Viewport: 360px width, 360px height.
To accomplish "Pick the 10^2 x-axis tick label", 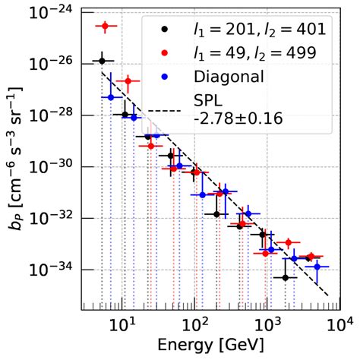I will [x=194, y=326].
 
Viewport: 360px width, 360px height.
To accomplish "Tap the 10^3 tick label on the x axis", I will [x=268, y=326].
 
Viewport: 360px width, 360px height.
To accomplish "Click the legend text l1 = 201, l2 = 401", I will [x=259, y=30].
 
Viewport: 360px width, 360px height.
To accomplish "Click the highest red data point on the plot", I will [x=106, y=27].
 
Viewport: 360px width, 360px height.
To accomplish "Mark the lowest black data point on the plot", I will [x=286, y=278].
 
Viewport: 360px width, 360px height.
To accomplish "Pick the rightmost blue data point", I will [x=317, y=267].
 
